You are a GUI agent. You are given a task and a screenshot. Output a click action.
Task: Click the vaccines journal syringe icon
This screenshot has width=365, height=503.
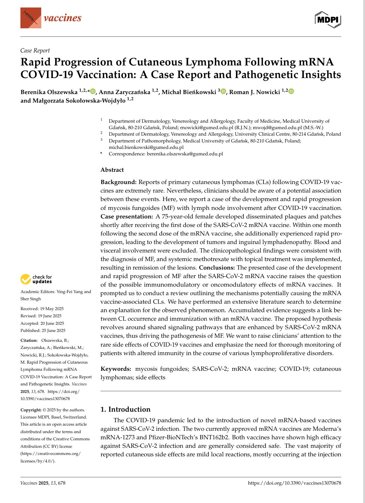pyautogui.click(x=31, y=18)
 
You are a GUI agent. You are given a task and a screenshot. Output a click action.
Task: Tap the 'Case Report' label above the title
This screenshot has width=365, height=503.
pyautogui.click(x=35, y=50)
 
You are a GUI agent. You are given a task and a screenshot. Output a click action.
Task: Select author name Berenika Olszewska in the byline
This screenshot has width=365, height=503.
pyautogui.click(x=49, y=92)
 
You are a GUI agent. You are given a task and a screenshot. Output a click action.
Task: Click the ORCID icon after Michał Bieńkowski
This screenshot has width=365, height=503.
pyautogui.click(x=223, y=91)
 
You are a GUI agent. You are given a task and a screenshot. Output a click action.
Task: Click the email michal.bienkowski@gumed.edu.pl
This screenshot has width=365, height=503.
pyautogui.click(x=146, y=147)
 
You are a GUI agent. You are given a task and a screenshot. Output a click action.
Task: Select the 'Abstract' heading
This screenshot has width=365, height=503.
pyautogui.click(x=112, y=170)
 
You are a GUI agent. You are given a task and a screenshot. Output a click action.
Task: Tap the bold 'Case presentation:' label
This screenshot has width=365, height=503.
pyautogui.click(x=127, y=216)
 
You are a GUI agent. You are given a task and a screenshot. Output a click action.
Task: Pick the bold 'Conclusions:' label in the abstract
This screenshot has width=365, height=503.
pyautogui.click(x=217, y=268)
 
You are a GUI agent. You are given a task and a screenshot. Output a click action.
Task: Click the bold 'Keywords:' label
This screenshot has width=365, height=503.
pyautogui.click(x=116, y=369)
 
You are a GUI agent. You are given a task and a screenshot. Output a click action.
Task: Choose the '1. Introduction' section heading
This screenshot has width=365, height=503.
pyautogui.click(x=125, y=409)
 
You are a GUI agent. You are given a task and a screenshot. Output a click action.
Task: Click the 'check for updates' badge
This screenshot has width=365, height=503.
pyautogui.click(x=36, y=279)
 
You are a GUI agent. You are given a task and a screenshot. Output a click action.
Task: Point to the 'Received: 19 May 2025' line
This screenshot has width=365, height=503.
pyautogui.click(x=42, y=309)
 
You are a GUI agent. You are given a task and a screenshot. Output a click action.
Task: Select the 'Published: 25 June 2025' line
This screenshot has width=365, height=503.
pyautogui.click(x=43, y=330)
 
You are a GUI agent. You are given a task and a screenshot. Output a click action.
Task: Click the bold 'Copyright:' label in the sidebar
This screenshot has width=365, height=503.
pyautogui.click(x=31, y=410)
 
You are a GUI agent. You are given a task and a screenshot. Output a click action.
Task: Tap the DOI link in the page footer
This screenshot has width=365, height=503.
pyautogui.click(x=294, y=483)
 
